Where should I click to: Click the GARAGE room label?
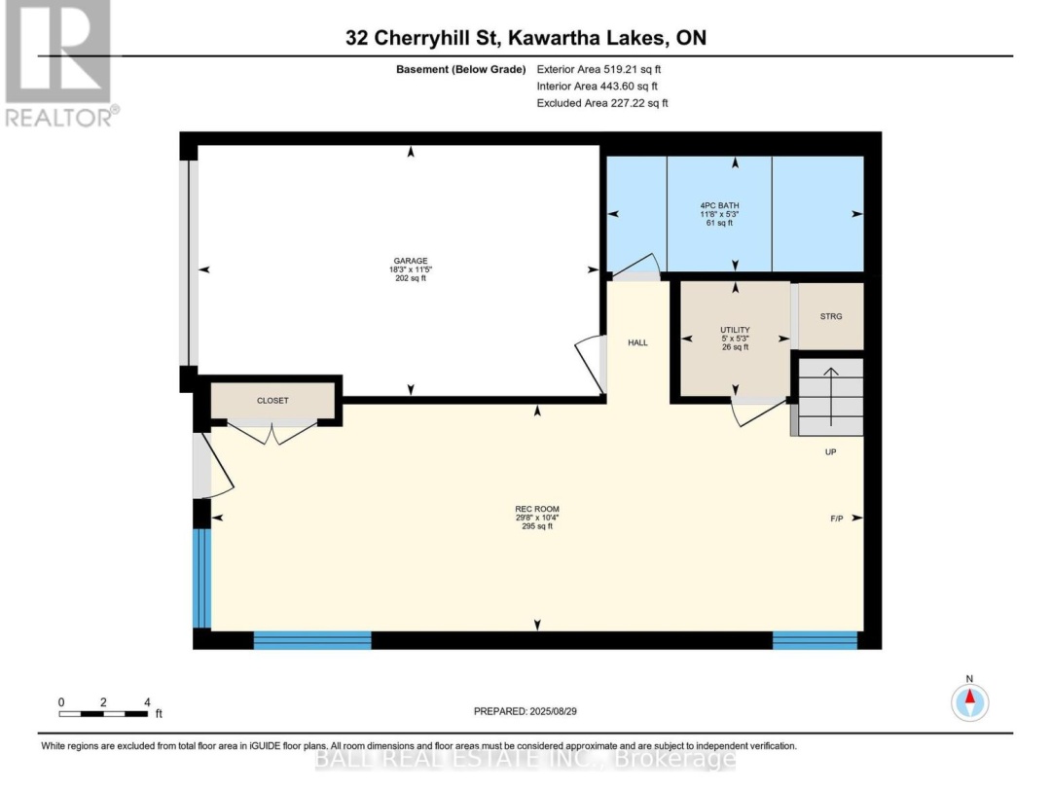pos(411,261)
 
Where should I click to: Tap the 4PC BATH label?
pos(719,205)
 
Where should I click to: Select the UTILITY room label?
pos(735,330)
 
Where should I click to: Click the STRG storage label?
pos(830,316)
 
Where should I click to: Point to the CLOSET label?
pos(272,401)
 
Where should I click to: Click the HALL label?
pos(637,342)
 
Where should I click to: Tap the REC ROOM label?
pos(537,509)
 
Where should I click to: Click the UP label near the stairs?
pos(830,452)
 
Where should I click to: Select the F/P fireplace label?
pos(837,519)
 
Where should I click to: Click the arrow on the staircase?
pos(831,397)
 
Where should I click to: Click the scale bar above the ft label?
pos(103,714)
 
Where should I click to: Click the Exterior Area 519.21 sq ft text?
pos(598,69)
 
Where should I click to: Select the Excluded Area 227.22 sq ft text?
pos(602,103)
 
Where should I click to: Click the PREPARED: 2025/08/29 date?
pos(525,711)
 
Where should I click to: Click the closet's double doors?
pos(272,432)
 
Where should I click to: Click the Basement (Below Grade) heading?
pos(460,69)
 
